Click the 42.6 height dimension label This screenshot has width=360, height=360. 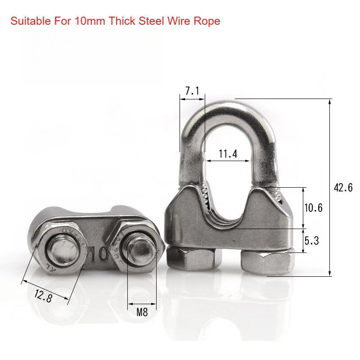[x=343, y=188]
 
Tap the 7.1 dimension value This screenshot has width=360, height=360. [x=192, y=90]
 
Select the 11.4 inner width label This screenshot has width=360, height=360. [x=228, y=154]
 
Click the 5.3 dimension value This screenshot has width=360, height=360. [x=311, y=241]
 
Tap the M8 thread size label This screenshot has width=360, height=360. [x=142, y=312]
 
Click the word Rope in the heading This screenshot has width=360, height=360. [x=208, y=21]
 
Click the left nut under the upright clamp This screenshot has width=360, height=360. [x=194, y=258]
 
